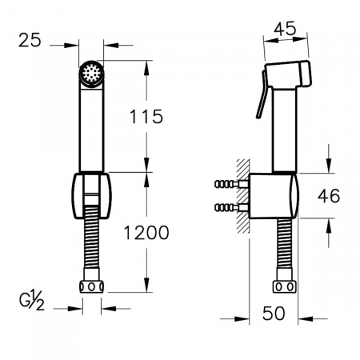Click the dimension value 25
(x=30, y=40)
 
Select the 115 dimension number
(x=146, y=117)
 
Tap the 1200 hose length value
(x=146, y=233)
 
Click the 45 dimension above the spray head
(x=285, y=29)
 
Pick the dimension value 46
(x=329, y=196)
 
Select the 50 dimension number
(x=274, y=314)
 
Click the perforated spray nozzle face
(x=91, y=73)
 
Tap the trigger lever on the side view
(x=262, y=94)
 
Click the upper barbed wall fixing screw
(x=231, y=184)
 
